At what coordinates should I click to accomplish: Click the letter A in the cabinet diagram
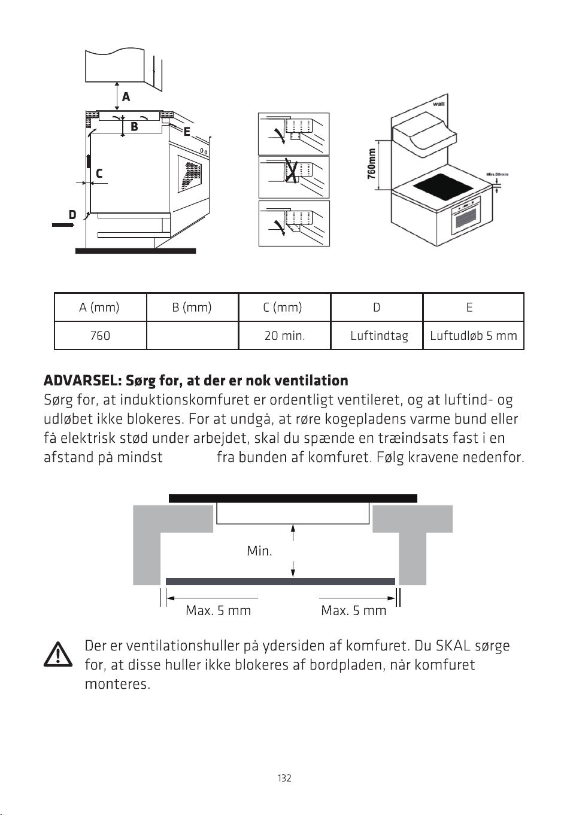tap(126, 97)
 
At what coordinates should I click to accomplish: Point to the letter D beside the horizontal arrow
tap(72, 215)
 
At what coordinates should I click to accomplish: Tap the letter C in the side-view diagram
tap(99, 173)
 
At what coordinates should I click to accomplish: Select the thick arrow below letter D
tap(63, 225)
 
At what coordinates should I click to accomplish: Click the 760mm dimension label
tap(371, 164)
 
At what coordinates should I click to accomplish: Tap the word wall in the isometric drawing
tap(439, 104)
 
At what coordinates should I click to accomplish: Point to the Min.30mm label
tap(497, 174)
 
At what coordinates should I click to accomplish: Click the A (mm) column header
tap(99, 308)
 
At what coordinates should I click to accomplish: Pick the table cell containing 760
tap(100, 336)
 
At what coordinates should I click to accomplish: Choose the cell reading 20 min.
tap(284, 336)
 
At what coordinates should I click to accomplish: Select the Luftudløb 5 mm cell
tap(474, 336)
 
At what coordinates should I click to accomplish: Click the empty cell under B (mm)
tap(192, 336)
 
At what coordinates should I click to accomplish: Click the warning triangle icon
tap(58, 655)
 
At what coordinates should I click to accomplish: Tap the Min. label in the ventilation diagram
tap(259, 551)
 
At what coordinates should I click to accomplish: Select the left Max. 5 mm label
tap(219, 610)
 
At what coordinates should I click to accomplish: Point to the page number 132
tap(284, 778)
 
